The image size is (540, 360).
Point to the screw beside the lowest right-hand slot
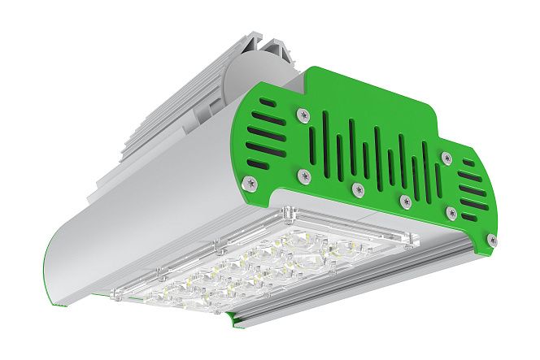pos(452,212)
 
